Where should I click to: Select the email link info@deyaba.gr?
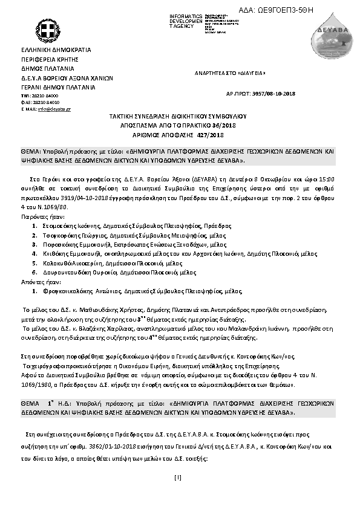pos(54,109)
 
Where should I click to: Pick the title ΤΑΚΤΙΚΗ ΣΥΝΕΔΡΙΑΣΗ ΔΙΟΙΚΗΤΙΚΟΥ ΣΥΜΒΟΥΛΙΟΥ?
pos(178,114)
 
